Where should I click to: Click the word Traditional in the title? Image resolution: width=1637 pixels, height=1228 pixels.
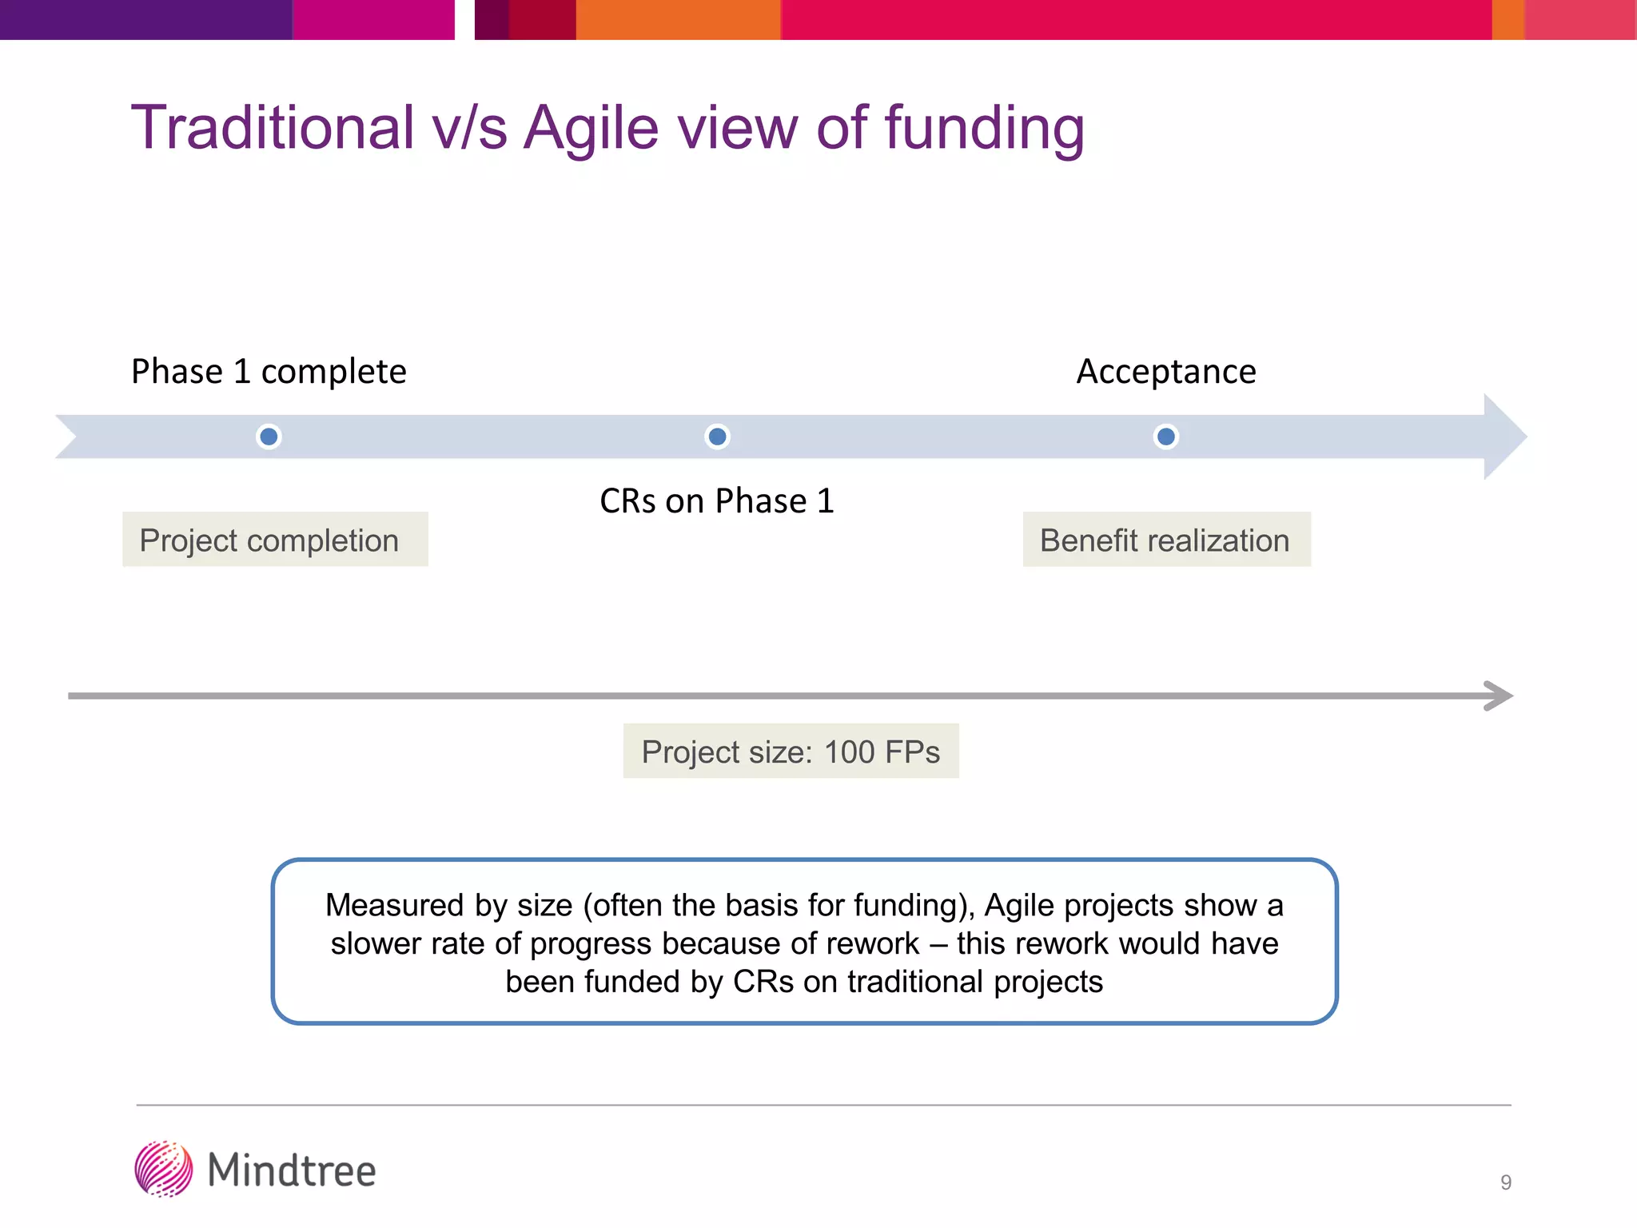click(x=273, y=128)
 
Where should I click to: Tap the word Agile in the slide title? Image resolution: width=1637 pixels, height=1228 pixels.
click(x=591, y=128)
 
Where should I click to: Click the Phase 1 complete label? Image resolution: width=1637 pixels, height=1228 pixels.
click(x=269, y=372)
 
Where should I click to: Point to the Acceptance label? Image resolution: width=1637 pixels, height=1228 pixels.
click(x=1166, y=372)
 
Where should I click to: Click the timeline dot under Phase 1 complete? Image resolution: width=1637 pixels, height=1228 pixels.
click(x=269, y=437)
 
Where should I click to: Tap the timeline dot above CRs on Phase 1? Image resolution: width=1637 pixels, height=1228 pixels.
click(x=718, y=437)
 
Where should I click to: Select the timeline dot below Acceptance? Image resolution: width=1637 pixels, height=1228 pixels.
click(x=1166, y=437)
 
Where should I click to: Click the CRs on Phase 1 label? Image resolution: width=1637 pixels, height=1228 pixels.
click(x=717, y=501)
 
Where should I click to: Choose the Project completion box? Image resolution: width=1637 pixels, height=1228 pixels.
click(x=275, y=540)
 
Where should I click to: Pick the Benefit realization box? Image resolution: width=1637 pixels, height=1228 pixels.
click(x=1166, y=540)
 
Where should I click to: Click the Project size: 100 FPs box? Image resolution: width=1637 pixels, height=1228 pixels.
click(x=791, y=752)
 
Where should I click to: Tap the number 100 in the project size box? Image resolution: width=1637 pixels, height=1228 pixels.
click(x=849, y=752)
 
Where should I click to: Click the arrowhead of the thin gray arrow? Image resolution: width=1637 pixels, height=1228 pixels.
click(x=1499, y=696)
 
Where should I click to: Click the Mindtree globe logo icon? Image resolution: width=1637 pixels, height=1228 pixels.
click(x=164, y=1169)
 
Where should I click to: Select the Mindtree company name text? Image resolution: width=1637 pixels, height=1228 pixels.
click(x=292, y=1170)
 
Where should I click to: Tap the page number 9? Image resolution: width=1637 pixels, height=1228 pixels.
click(x=1506, y=1182)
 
